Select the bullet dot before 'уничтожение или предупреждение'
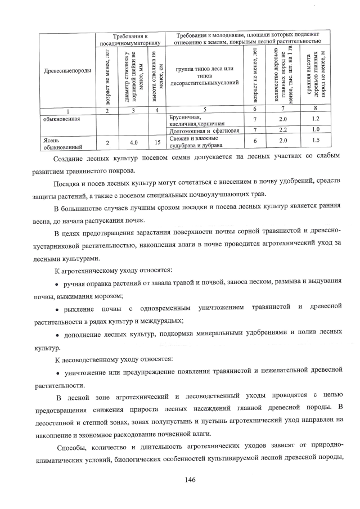pyautogui.click(x=57, y=372)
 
